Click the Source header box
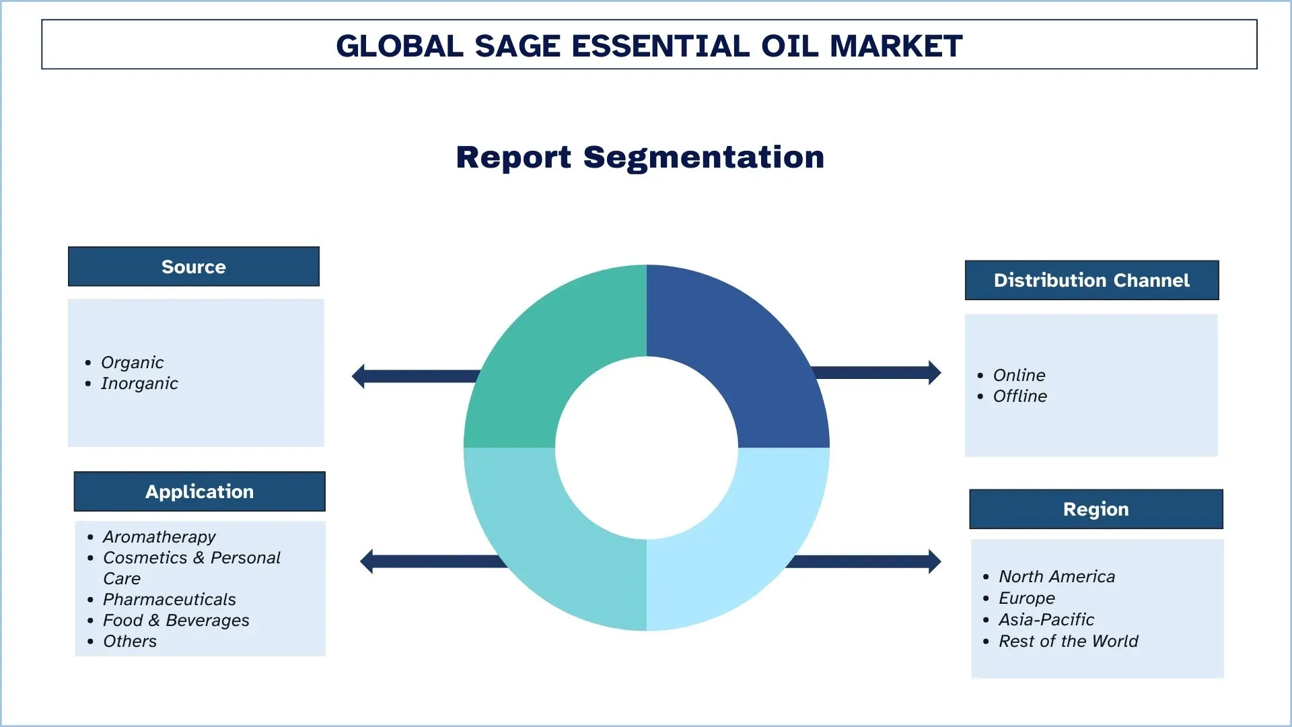pyautogui.click(x=193, y=267)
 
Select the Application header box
pyautogui.click(x=199, y=491)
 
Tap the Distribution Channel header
pyautogui.click(x=1091, y=280)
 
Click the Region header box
pyautogui.click(x=1096, y=509)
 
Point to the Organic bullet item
pyautogui.click(x=132, y=362)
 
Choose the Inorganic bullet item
pyautogui.click(x=139, y=383)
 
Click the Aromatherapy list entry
pyautogui.click(x=159, y=536)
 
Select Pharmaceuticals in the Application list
pyautogui.click(x=169, y=599)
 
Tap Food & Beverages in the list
pyautogui.click(x=176, y=620)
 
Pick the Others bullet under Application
pyautogui.click(x=130, y=641)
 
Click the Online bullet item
pyautogui.click(x=1019, y=375)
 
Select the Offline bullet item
pyautogui.click(x=1019, y=396)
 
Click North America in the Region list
pyautogui.click(x=1056, y=576)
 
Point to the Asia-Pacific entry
pyautogui.click(x=1046, y=619)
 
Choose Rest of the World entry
pyautogui.click(x=1068, y=641)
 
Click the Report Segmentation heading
pyautogui.click(x=640, y=157)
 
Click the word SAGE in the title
pyautogui.click(x=517, y=46)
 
